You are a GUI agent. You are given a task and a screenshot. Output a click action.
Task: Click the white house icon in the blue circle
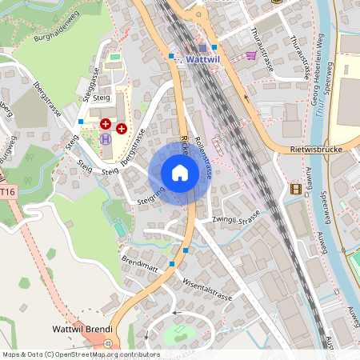180,172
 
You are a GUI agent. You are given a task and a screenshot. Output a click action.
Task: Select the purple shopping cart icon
250,55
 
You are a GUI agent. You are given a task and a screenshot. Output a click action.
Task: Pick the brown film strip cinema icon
297,189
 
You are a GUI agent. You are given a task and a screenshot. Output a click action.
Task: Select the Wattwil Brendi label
81,330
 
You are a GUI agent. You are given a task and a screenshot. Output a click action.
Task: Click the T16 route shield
7,192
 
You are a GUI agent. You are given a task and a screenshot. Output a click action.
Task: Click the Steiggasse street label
87,79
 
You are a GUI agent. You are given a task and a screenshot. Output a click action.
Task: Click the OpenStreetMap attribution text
80,354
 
